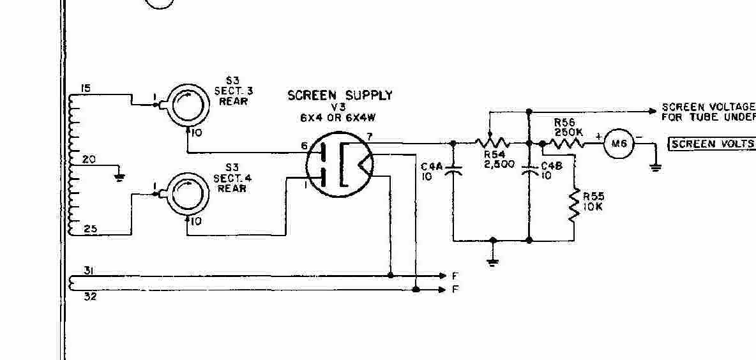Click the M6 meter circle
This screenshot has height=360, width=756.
click(618, 144)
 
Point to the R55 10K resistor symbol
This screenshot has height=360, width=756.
click(573, 204)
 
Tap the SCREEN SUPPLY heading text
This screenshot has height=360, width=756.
click(340, 96)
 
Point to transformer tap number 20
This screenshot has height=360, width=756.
click(89, 160)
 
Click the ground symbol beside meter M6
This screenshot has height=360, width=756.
click(655, 168)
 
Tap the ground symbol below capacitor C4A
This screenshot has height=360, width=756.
click(492, 260)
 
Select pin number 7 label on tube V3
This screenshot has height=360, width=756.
click(370, 136)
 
